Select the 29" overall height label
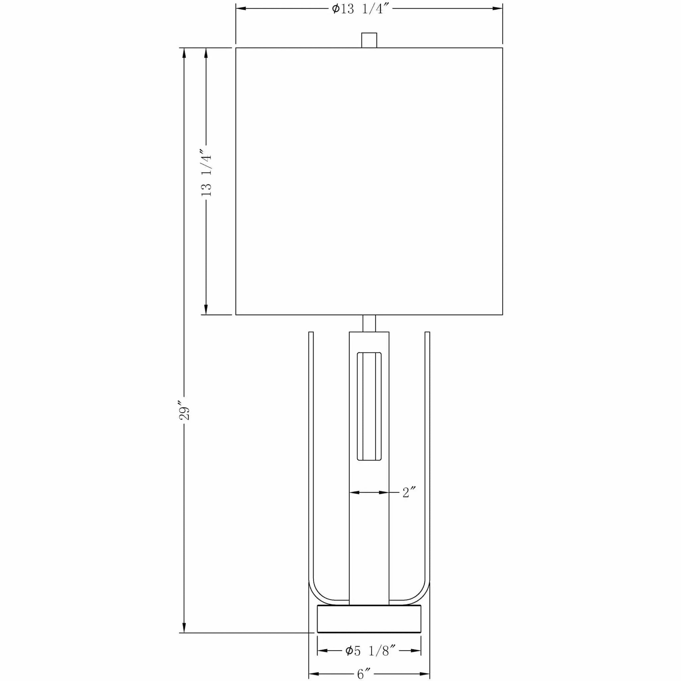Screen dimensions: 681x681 [x=184, y=410]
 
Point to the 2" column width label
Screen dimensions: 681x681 [x=409, y=492]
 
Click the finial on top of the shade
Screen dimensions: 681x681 [x=369, y=40]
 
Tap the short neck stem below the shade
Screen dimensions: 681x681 [x=369, y=323]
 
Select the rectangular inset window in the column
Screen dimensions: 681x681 [x=369, y=406]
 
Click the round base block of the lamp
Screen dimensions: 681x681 [x=369, y=619]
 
